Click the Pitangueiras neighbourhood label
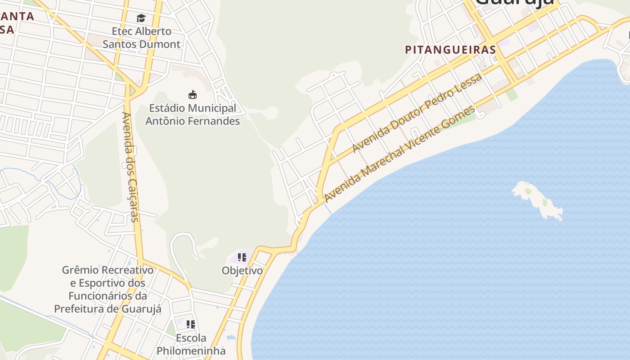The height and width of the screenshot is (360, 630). point(450,49)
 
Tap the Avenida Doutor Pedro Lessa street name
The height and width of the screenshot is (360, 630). point(417,112)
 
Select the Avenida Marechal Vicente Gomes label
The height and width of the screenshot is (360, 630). point(400,154)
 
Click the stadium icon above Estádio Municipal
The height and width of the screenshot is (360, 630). point(193,94)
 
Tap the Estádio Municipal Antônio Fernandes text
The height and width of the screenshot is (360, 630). point(193,115)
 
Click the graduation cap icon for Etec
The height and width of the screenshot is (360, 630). point(141,18)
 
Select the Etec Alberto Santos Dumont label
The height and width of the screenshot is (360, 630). point(141,38)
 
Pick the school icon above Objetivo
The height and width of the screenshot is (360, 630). point(242,257)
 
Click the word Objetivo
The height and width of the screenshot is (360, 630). point(242,270)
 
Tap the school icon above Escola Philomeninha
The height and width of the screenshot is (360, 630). point(191,324)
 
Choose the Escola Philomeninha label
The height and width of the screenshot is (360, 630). point(191,344)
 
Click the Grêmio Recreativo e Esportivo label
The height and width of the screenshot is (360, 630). point(108,289)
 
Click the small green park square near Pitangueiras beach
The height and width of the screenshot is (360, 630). point(512,94)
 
